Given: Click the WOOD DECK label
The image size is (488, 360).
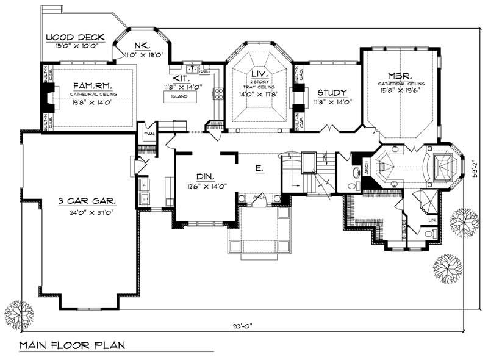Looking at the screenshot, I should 71,37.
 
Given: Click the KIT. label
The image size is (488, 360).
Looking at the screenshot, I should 181,79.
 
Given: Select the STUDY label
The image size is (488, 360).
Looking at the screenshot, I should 332,92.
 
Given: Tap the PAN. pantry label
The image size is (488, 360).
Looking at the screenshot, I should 148,132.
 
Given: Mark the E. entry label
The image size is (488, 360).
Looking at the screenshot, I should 259,167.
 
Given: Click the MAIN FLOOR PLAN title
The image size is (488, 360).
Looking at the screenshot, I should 72,345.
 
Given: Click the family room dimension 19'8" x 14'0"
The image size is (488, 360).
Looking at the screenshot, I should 92,103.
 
